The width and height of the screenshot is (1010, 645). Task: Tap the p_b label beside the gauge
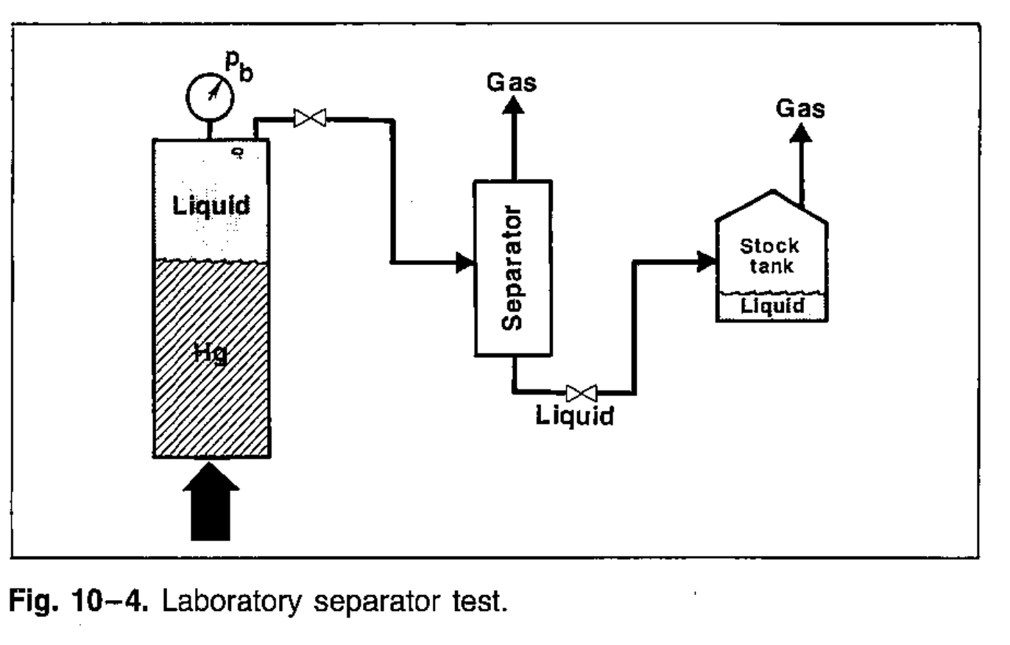(x=239, y=71)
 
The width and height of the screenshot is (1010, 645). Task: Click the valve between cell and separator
(x=310, y=117)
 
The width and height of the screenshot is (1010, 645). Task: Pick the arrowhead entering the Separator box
(x=464, y=261)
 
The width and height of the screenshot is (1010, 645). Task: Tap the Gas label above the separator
(x=513, y=83)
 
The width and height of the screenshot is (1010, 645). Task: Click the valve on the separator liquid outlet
(x=580, y=391)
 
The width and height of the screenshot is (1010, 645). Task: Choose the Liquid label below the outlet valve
(x=574, y=417)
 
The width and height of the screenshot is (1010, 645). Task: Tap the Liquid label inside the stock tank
(x=771, y=306)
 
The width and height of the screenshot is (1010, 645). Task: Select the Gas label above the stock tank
(x=801, y=110)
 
